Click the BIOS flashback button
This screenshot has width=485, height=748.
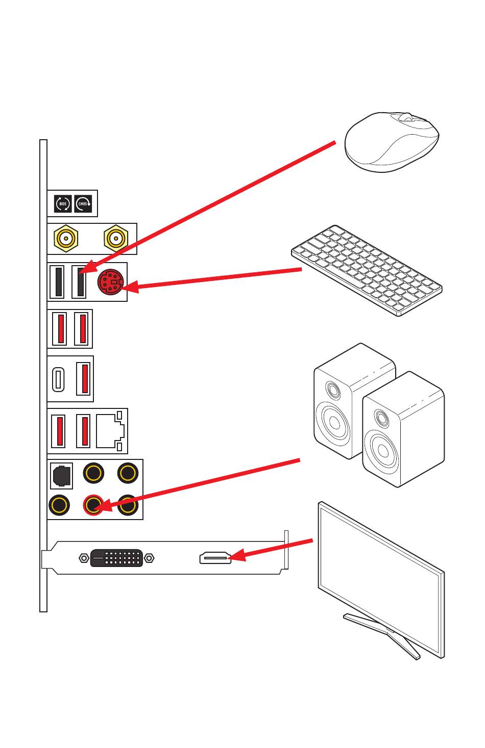[x=62, y=204]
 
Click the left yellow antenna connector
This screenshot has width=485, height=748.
[x=65, y=238]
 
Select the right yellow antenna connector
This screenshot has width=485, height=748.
[x=115, y=238]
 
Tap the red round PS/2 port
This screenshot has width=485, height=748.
[x=109, y=282]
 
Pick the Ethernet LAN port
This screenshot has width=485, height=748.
[x=110, y=430]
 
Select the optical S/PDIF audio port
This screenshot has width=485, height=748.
[x=61, y=475]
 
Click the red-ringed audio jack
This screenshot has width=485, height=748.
[x=93, y=505]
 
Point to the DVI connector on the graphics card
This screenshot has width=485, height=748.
[x=116, y=558]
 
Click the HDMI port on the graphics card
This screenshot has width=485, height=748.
[x=214, y=558]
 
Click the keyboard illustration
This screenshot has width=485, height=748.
[x=367, y=270]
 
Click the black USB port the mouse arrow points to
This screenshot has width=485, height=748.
[x=80, y=281]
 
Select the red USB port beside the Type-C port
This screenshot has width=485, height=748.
[x=84, y=378]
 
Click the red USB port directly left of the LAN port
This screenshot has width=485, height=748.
[x=83, y=431]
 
